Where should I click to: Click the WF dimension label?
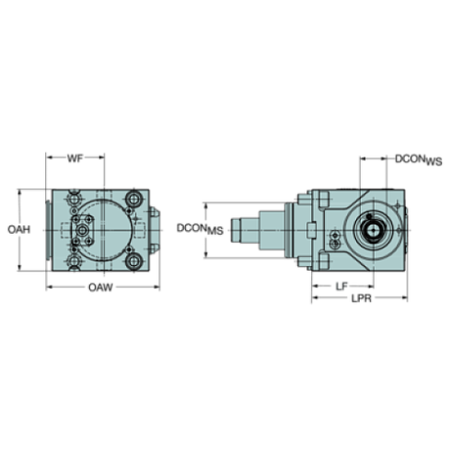click(77, 158)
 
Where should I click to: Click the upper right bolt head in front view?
click(136, 199)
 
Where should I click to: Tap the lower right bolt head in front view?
click(136, 261)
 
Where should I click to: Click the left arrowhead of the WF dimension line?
click(50, 157)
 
